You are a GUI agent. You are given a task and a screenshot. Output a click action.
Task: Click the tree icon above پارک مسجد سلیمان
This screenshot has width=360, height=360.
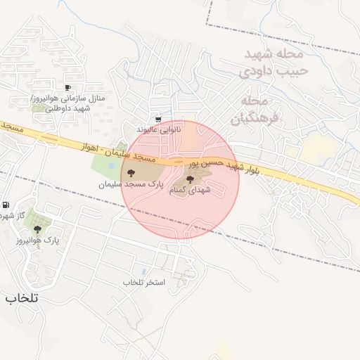(x=129, y=172)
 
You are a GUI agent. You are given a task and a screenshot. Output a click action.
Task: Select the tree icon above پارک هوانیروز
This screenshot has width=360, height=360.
(x=37, y=229)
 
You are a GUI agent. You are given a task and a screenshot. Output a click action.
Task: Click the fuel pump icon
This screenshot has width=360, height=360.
(x=6, y=205)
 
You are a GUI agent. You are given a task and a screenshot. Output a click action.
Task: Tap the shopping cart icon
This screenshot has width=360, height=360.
(x=159, y=120)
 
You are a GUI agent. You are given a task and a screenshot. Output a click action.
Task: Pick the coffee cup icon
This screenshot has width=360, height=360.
(x=67, y=88)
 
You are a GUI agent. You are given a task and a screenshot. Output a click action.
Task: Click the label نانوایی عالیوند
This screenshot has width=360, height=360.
(x=159, y=129)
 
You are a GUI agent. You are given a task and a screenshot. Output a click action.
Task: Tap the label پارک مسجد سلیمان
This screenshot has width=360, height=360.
(x=130, y=184)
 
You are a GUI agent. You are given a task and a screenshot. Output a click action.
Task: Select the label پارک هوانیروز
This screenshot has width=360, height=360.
(x=37, y=240)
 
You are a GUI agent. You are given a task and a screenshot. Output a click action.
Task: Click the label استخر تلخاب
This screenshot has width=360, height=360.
(x=143, y=282)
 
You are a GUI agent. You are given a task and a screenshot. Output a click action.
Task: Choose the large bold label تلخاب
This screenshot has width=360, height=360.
(x=22, y=298)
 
